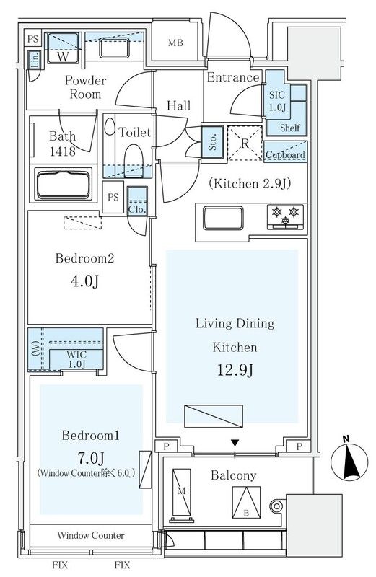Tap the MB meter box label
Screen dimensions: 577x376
point(175,43)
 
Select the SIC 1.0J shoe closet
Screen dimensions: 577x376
point(278,101)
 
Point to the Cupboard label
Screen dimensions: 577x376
point(286,154)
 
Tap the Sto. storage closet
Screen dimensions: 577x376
point(212,139)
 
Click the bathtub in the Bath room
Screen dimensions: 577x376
point(64,185)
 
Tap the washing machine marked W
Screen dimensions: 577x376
point(63,48)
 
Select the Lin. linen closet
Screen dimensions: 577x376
point(34,61)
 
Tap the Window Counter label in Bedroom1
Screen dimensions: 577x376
point(91,535)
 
